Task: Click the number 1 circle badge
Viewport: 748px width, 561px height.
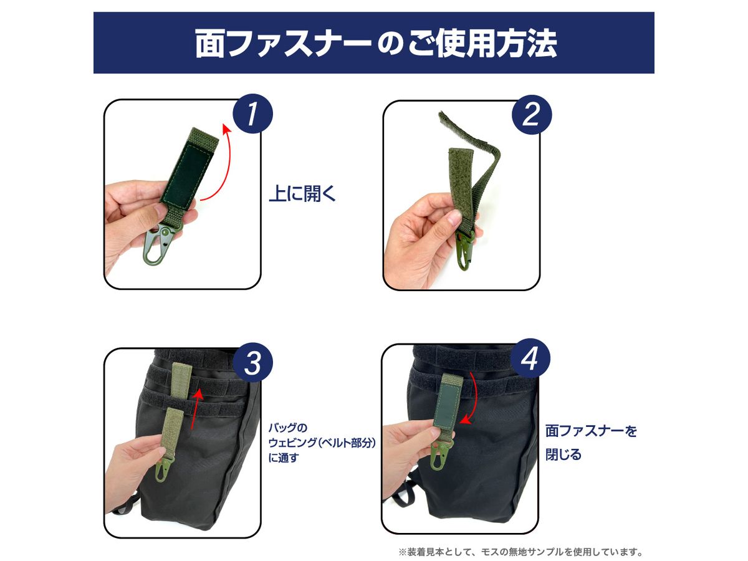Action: point(252,114)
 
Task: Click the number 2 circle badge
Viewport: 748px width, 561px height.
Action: point(532,115)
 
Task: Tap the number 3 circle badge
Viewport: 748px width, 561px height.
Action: point(252,363)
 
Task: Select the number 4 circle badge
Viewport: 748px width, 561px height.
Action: point(530,358)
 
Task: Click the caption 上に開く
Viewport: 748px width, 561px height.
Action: point(302,193)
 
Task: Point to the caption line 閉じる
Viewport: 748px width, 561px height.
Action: point(563,454)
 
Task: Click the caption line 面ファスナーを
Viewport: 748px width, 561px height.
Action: point(591,431)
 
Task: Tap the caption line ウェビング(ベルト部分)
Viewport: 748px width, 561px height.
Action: point(322,443)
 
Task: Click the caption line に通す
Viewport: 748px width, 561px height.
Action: point(284,458)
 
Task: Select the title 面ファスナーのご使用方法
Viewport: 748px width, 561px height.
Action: point(376,43)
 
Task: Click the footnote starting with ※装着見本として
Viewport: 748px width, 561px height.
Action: point(520,552)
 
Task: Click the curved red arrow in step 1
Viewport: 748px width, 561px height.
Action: point(228,160)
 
